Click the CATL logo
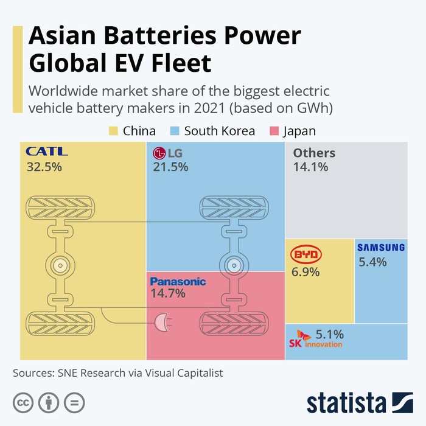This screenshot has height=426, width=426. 47,152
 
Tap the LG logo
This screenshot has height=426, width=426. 168,153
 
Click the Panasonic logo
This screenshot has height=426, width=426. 178,281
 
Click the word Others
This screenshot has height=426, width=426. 314,153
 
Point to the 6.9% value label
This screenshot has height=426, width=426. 306,272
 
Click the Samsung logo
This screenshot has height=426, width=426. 381,247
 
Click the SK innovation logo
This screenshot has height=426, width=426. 315,341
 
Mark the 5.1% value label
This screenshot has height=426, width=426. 330,333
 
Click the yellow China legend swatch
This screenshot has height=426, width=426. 113,131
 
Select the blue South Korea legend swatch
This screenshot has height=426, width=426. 175,131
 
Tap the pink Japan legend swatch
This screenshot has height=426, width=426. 271,131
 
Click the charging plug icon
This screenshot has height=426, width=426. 162,322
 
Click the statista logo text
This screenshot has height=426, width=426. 346,403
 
